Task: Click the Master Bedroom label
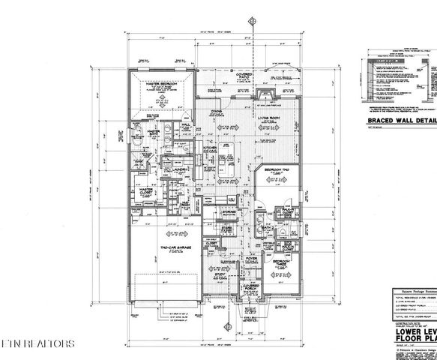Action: [x=160, y=83]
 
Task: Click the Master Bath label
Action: [x=156, y=131]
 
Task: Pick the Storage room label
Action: [x=229, y=212]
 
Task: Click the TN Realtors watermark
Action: [x=37, y=344]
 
